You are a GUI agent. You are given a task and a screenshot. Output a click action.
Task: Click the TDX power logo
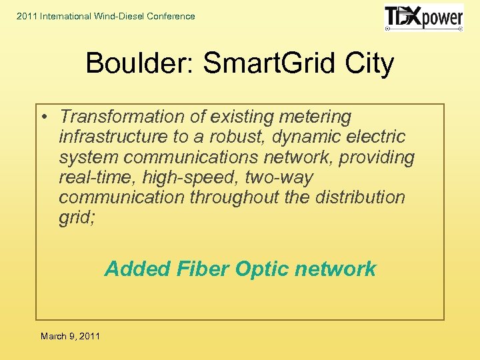(424, 17)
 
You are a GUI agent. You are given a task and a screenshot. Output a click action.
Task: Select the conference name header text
(105, 16)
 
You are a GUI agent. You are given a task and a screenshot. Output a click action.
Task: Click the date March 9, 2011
(70, 336)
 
